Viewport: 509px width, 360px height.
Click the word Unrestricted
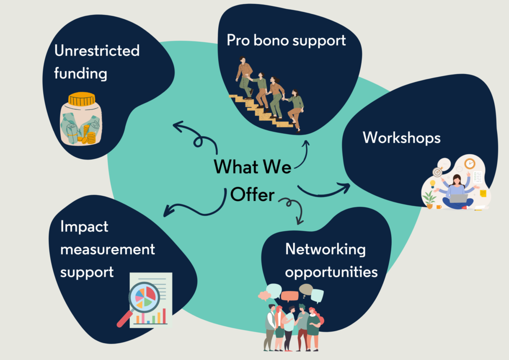coord(97,51)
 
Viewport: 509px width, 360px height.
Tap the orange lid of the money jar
coord(82,99)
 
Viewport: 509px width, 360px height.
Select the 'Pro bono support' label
coord(286,41)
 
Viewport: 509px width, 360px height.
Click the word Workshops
coord(402,138)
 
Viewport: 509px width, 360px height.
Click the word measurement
coord(107,249)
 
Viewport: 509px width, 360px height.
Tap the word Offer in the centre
coord(252,194)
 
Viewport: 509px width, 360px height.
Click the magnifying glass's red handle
coord(124,319)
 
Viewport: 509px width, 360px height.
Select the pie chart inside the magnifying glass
coord(145,297)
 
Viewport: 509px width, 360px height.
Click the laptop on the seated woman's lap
coord(458,198)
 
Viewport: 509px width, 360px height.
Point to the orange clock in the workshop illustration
coord(469,164)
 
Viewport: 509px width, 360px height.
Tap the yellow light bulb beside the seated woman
coord(432,184)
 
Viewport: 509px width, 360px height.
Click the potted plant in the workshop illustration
coord(429,200)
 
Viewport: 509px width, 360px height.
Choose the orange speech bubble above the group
coord(289,296)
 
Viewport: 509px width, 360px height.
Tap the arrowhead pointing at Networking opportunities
coord(300,221)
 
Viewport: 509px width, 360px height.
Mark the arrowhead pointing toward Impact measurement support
coord(168,211)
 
